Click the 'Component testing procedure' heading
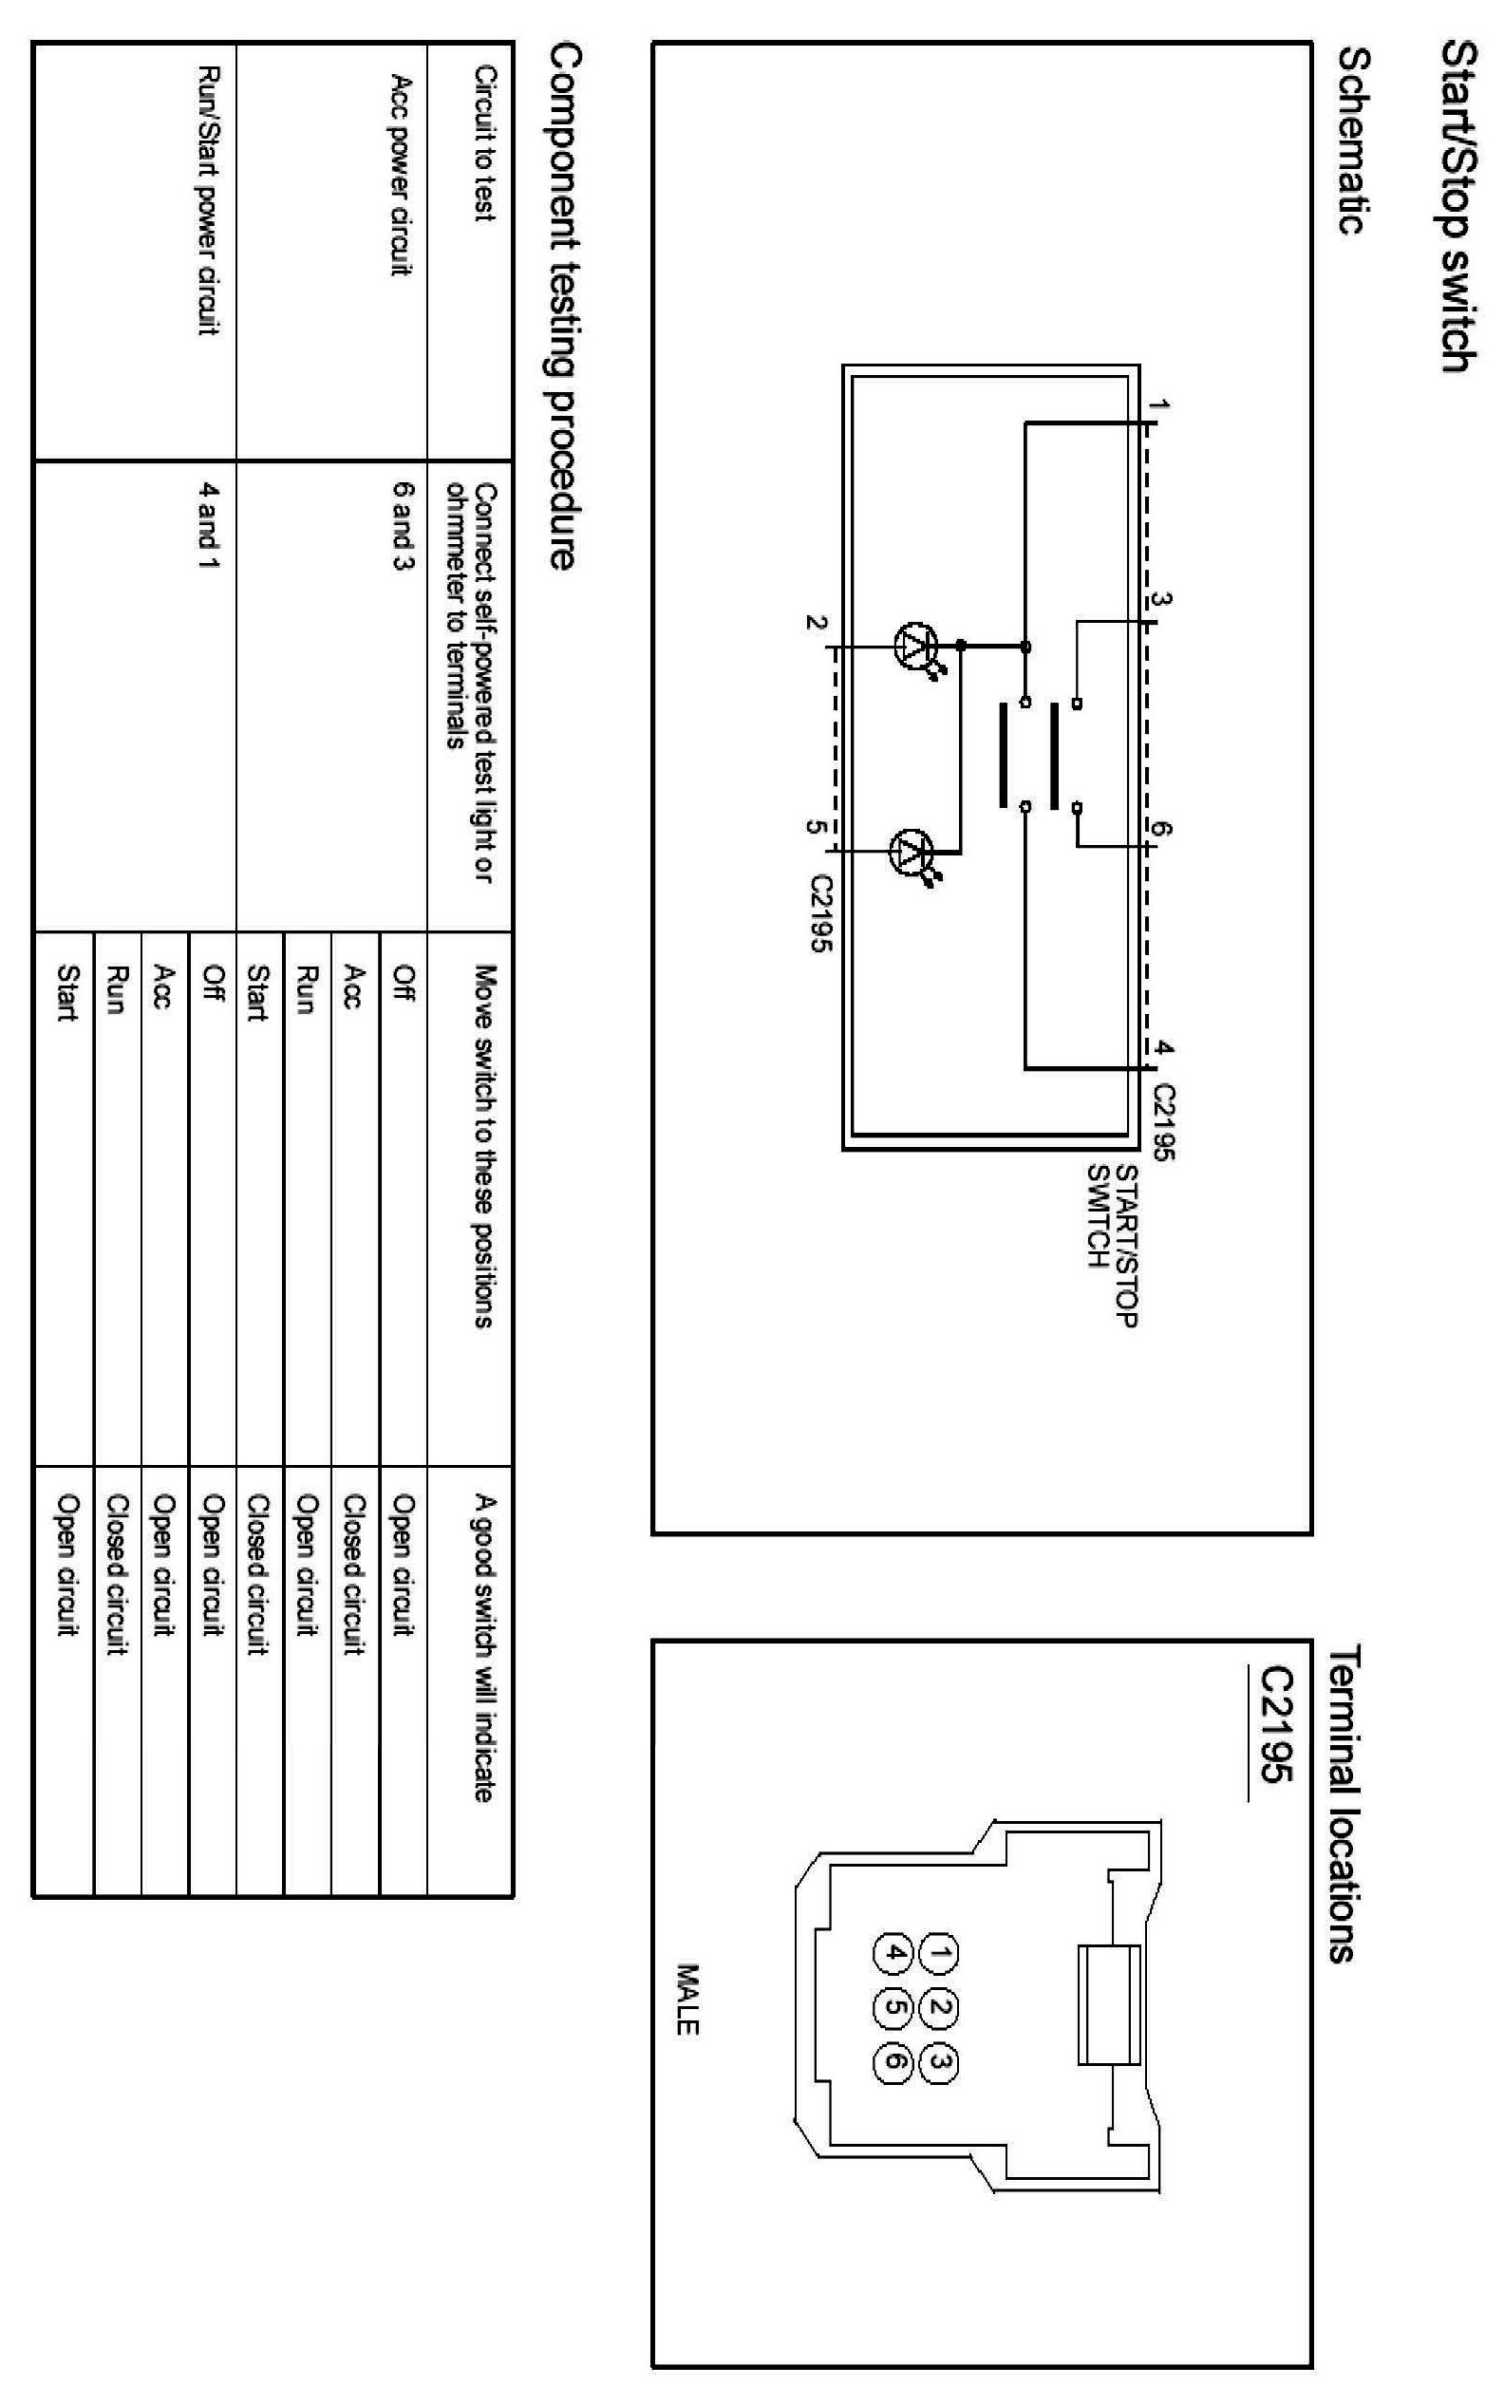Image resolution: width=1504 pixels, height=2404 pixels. pos(562,306)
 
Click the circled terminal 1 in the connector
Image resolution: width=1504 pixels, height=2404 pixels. pos(939,1953)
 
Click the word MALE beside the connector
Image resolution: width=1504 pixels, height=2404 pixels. pos(687,2000)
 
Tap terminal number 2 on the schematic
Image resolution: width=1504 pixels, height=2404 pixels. pos(816,624)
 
